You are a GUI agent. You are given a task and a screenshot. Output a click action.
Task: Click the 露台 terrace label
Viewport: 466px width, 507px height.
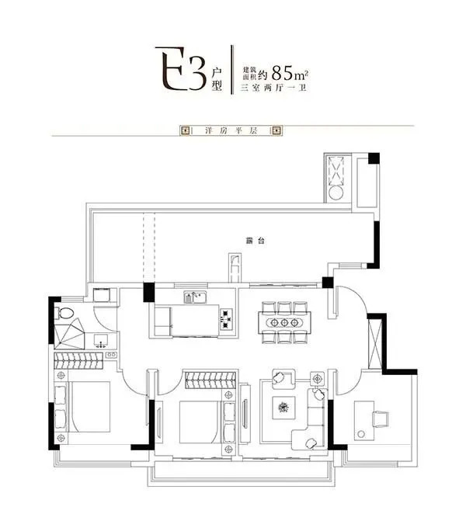[256, 241]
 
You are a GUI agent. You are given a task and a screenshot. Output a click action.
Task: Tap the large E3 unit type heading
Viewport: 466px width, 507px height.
[180, 69]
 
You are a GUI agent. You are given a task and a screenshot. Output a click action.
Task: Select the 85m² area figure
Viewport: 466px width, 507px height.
[290, 72]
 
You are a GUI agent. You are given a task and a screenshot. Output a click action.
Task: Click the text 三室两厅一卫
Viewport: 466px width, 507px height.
[273, 88]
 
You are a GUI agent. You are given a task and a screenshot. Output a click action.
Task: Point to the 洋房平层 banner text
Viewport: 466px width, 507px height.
[231, 130]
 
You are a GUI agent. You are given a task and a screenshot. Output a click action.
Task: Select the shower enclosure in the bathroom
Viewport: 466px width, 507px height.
[70, 334]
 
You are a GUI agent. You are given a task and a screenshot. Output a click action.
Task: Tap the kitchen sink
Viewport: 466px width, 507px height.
[195, 297]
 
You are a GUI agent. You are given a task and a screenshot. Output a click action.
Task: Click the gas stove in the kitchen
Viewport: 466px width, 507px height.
[227, 319]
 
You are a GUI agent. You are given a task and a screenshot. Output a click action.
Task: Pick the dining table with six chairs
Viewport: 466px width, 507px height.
[284, 322]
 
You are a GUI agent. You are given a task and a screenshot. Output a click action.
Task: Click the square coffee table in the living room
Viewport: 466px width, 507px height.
[283, 408]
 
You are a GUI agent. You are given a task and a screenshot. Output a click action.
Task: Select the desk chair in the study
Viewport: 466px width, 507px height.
[381, 419]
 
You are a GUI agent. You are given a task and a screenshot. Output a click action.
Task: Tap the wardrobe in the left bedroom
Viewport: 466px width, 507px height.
[78, 361]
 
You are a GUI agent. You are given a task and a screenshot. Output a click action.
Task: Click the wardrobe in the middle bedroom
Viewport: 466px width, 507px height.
[210, 380]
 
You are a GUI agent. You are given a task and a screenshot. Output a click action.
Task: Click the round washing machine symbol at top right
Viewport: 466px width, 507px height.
[336, 193]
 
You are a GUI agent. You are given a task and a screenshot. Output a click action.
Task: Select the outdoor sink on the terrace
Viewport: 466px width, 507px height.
[235, 269]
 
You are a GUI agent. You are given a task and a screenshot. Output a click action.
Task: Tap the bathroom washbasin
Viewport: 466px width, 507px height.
[101, 341]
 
